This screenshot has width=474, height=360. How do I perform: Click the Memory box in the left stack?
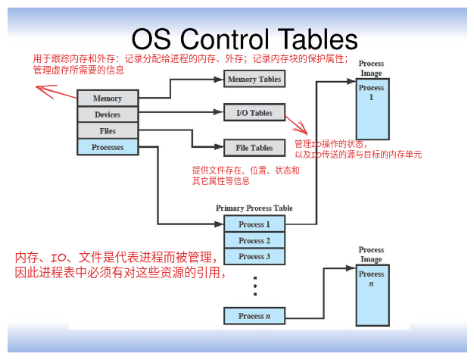coord(108,99)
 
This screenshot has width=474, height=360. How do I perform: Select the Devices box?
coord(108,114)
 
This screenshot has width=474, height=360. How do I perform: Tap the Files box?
coord(108,131)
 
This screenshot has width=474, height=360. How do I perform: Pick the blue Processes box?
coord(108,147)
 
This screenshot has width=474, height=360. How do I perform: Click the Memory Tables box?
coord(254,79)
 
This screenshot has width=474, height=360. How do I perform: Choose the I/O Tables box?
coord(254,113)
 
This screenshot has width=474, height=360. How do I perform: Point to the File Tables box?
coord(254,148)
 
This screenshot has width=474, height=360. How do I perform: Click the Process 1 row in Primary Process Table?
coord(254,224)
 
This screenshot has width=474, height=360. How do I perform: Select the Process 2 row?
coord(254,240)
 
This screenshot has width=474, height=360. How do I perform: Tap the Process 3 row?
coord(254,256)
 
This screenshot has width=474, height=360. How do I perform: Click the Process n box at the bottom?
coord(254,316)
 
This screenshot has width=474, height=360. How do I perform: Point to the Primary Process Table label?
coord(254,208)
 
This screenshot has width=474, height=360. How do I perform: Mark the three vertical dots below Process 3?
coord(255,286)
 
